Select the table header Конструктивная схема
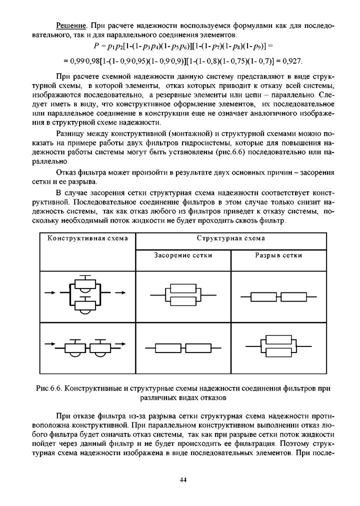coord(87,238)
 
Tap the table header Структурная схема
coord(230,238)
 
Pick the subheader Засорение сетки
coord(183,255)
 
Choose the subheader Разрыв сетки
coord(278,255)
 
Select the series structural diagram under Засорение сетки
coord(183,347)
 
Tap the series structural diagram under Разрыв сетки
coord(278,297)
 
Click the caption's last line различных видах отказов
coord(183,398)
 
